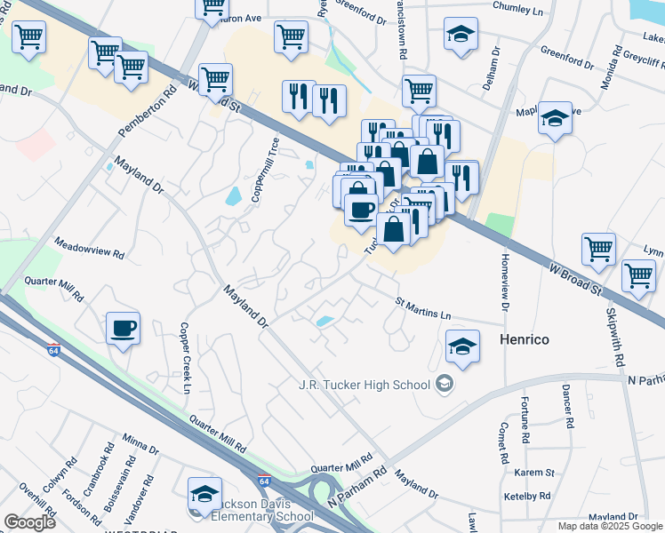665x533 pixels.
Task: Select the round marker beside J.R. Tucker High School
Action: click(x=445, y=385)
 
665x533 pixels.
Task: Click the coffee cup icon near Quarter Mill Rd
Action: click(x=123, y=329)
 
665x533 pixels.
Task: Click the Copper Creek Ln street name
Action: click(x=187, y=357)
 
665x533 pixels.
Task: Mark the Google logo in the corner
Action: click(x=29, y=521)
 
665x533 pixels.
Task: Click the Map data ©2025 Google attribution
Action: click(x=610, y=526)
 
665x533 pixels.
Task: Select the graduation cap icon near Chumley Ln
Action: click(x=460, y=36)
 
